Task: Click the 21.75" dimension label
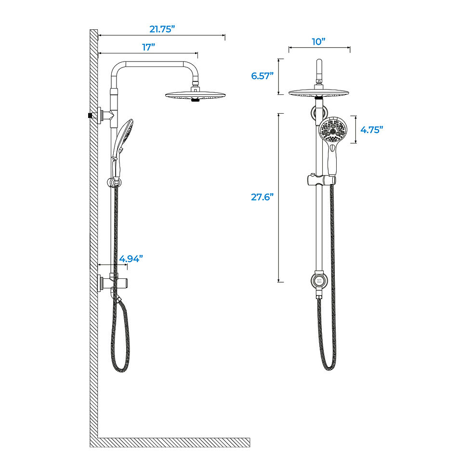point(162,29)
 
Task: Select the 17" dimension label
point(148,47)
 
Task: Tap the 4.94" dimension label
point(131,259)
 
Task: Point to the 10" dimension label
point(319,41)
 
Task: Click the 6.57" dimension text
point(262,76)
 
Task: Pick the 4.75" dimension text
point(371,130)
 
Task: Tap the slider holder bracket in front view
point(320,180)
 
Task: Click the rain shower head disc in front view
point(319,92)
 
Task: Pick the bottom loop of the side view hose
point(121,369)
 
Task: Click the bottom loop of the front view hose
point(328,368)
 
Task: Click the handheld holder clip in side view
point(115,182)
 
